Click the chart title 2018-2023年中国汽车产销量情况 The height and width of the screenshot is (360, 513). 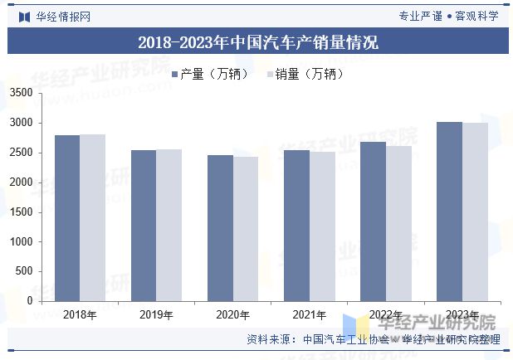[257, 42]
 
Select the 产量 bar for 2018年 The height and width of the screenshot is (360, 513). [67, 218]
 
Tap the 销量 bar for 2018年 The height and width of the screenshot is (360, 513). [92, 217]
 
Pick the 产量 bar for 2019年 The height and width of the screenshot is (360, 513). [144, 226]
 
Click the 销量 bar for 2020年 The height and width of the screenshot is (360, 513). [245, 229]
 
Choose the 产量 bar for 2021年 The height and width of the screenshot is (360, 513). [296, 226]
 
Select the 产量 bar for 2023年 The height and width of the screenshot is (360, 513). [449, 212]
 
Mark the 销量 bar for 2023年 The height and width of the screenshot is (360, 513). [475, 212]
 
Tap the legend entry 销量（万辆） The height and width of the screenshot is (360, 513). [304, 75]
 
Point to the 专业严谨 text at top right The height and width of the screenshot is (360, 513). [420, 16]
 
